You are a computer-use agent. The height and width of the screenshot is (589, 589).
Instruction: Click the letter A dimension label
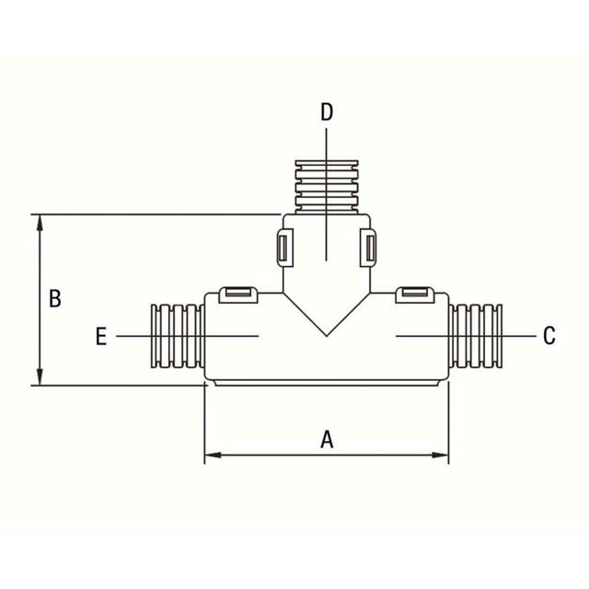(x=326, y=439)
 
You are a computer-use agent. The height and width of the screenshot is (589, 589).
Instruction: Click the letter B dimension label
(x=55, y=299)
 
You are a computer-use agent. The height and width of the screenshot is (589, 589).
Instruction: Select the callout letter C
(x=549, y=336)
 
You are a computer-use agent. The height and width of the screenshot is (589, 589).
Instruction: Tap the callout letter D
(x=327, y=112)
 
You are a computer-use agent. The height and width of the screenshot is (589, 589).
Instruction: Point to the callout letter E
(x=101, y=337)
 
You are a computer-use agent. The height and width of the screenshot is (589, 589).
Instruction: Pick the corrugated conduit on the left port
(x=176, y=336)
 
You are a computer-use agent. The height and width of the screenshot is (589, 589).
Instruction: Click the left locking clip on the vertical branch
(x=283, y=248)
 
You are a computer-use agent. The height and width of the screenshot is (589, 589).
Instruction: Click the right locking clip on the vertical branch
(x=368, y=248)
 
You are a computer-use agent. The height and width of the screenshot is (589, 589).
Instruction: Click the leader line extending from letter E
(x=184, y=337)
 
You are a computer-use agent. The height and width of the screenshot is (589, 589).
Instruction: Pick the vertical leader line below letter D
(x=327, y=193)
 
